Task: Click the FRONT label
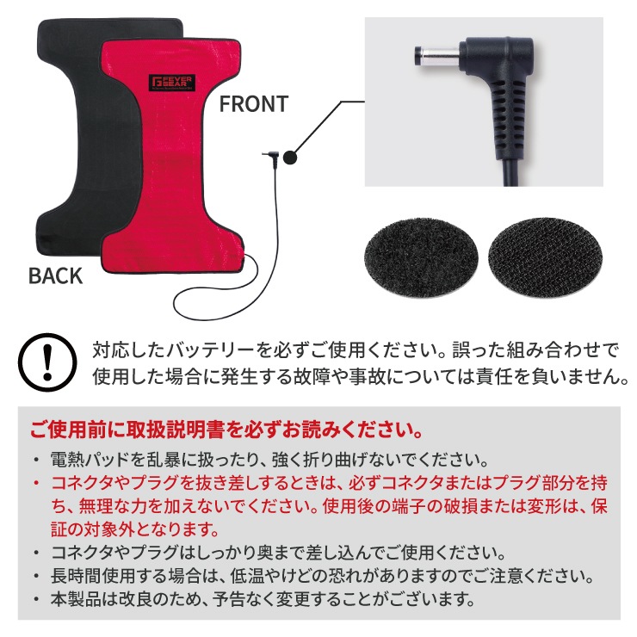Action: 254,104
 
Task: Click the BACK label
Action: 56,275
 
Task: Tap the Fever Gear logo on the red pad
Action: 172,83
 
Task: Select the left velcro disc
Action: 421,257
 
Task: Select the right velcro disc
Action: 545,257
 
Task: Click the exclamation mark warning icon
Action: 47,362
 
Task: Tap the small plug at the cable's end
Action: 269,157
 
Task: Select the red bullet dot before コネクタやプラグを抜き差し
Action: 37,483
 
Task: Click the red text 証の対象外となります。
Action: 135,529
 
